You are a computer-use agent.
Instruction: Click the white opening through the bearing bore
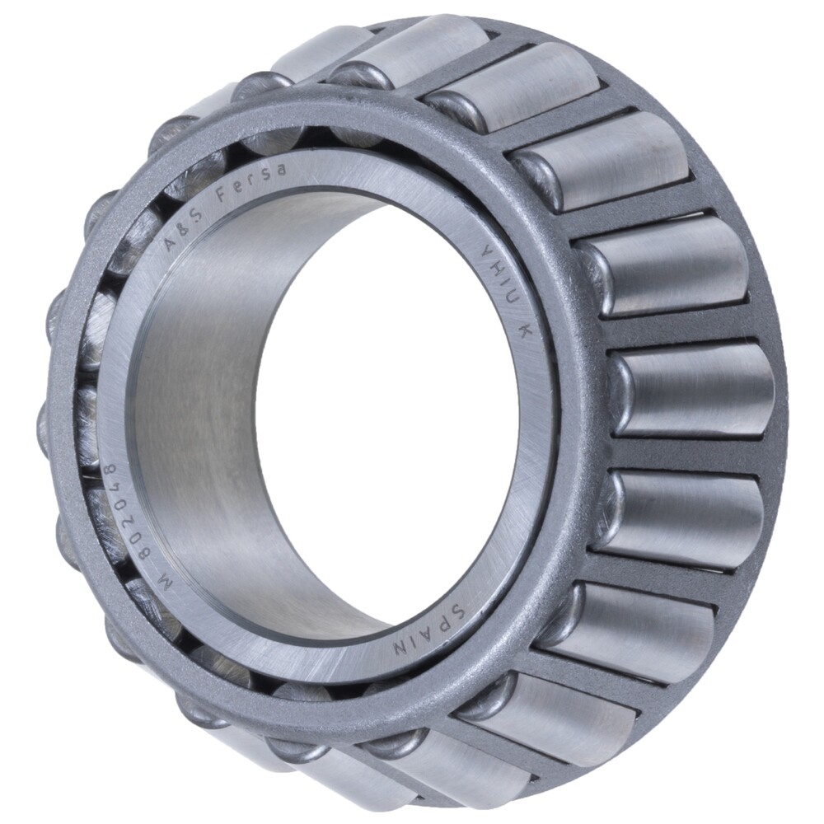click(x=387, y=428)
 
